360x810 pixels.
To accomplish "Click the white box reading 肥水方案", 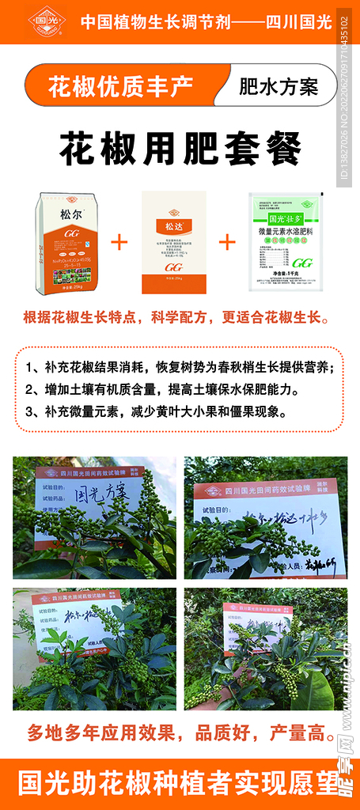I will coord(278,86).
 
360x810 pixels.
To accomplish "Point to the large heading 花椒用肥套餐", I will coord(180,147).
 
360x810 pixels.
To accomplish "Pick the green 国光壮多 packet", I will coord(288,243).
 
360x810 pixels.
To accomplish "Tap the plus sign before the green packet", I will coord(228,241).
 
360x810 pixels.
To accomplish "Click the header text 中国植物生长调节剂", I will coord(148,22).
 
